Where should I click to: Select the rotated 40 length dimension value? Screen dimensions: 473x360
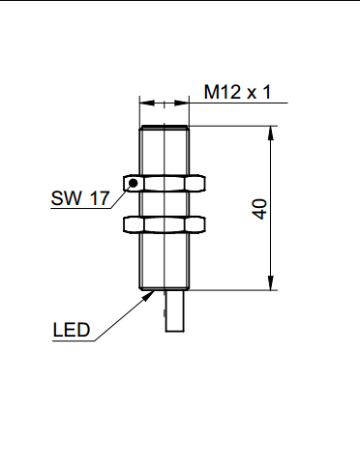click(258, 209)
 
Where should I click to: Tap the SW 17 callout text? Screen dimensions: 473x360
click(79, 199)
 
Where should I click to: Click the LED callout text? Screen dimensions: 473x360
click(71, 330)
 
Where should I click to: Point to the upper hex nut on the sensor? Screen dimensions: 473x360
click(167, 183)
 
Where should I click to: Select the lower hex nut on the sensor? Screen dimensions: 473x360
click(167, 224)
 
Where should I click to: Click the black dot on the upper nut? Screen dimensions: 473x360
click(134, 182)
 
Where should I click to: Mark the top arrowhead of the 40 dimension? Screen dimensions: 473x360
click(268, 132)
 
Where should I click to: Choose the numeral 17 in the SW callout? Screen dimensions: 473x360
click(98, 199)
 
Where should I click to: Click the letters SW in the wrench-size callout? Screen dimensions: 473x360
click(64, 199)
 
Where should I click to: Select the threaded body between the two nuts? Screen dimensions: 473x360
click(167, 204)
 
